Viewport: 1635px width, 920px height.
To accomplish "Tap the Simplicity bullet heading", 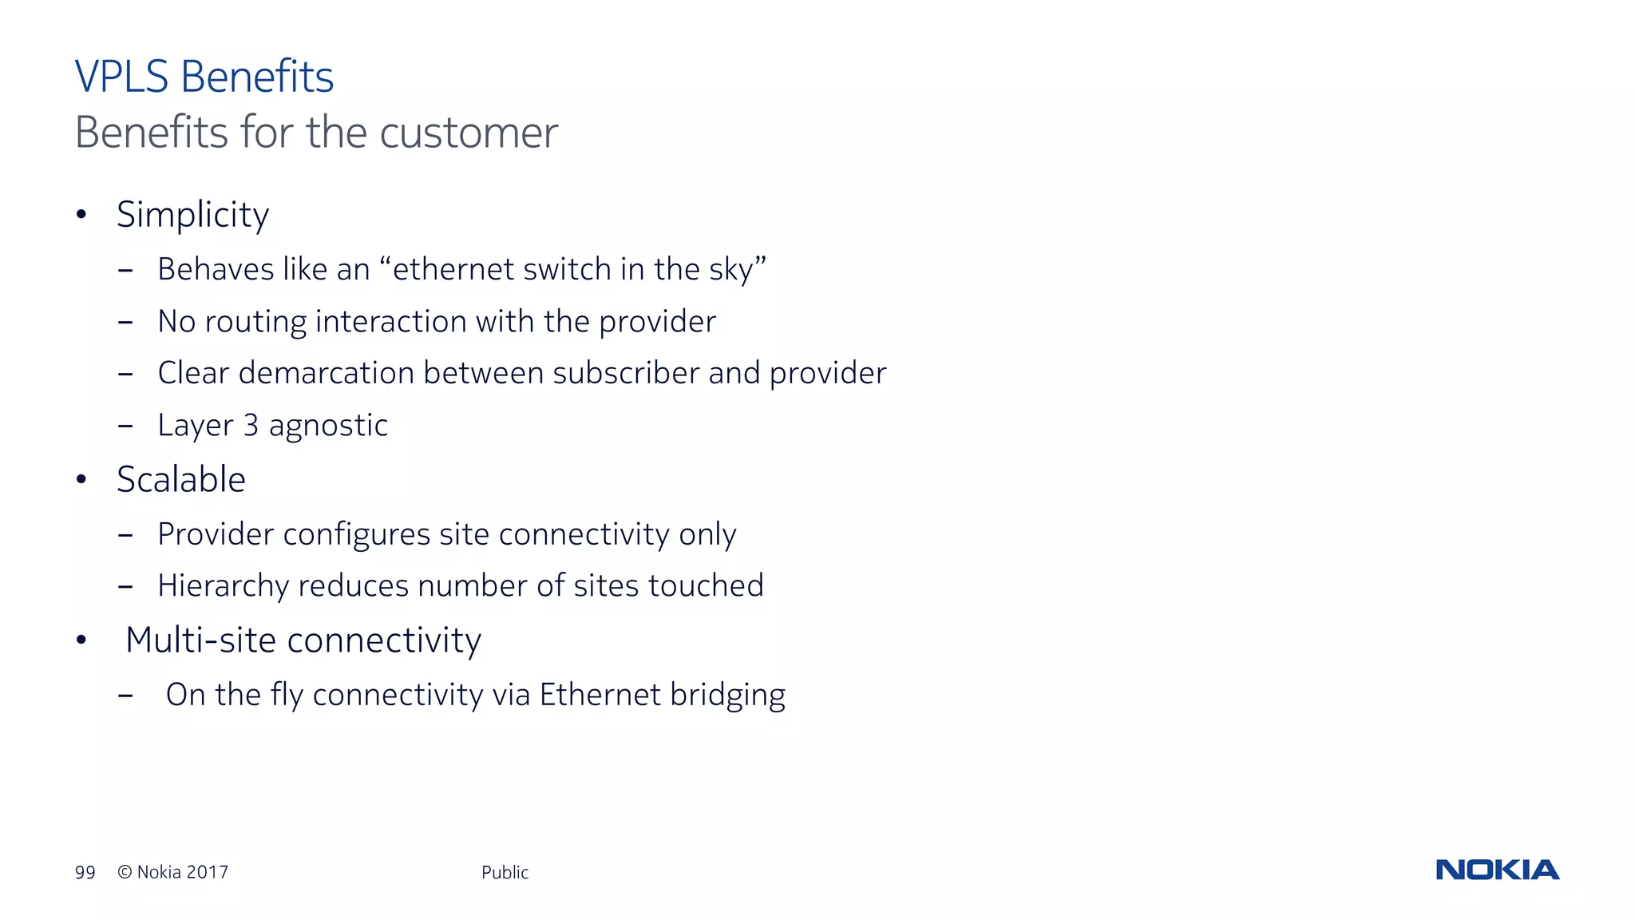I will point(192,215).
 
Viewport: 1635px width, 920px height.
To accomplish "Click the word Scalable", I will point(181,480).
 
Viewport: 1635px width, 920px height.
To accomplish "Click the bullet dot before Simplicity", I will point(81,214).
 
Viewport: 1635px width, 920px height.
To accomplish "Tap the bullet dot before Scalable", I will point(81,480).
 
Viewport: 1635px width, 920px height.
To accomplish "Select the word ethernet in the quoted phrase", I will point(453,270).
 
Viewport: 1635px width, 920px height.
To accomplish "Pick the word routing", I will point(255,322).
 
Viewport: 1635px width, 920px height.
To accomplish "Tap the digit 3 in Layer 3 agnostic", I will point(251,426).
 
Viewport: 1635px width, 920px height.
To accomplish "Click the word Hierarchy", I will point(223,586).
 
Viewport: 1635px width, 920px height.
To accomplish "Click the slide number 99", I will point(85,873).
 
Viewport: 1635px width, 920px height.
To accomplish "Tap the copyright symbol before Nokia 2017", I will point(125,872).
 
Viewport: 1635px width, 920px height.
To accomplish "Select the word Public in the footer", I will point(505,873).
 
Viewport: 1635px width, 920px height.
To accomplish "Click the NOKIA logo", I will point(1497,870).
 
